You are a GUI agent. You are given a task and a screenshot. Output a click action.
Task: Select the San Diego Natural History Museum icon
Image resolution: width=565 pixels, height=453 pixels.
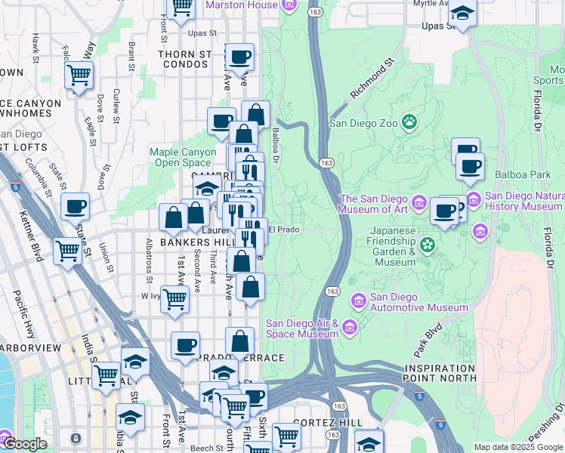(x=474, y=200)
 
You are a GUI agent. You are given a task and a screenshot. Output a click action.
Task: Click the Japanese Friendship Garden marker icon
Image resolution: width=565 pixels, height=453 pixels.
(x=428, y=244)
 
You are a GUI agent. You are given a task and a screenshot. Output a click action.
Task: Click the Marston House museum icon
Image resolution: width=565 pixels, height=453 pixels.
(x=289, y=5)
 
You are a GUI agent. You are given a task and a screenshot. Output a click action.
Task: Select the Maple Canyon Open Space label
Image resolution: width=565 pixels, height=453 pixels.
(x=183, y=157)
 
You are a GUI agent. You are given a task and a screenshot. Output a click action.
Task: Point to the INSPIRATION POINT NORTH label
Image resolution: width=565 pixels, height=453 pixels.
(x=440, y=372)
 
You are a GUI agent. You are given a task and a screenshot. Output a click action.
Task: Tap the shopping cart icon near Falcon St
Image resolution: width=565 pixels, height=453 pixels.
(x=79, y=75)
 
